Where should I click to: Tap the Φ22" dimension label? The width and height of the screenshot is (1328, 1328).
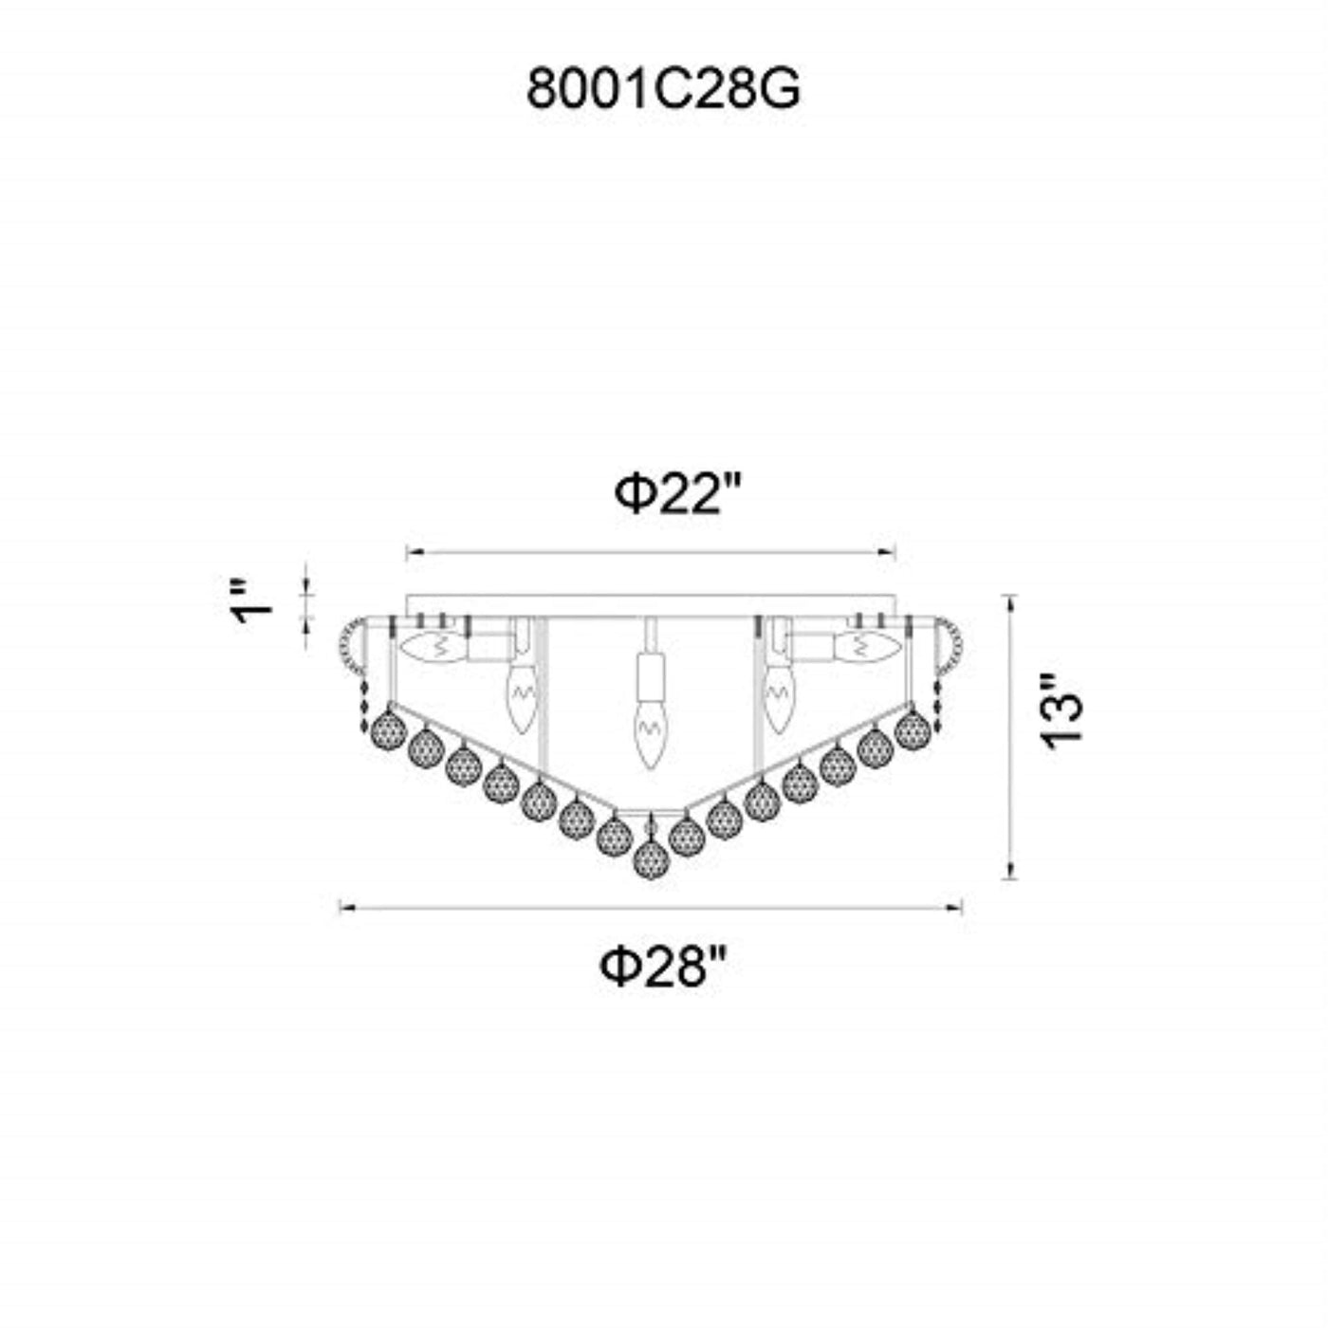coord(678,495)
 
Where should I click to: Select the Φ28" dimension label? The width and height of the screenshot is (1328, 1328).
coord(663,967)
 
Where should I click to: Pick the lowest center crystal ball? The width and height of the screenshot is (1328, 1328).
coord(650,859)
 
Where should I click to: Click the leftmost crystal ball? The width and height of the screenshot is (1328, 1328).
coord(388,729)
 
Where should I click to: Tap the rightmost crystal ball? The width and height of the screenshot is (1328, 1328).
coord(913,729)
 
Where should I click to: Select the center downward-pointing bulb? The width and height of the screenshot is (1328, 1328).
coord(650,733)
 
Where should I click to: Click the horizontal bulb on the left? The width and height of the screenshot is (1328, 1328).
coord(433,648)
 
